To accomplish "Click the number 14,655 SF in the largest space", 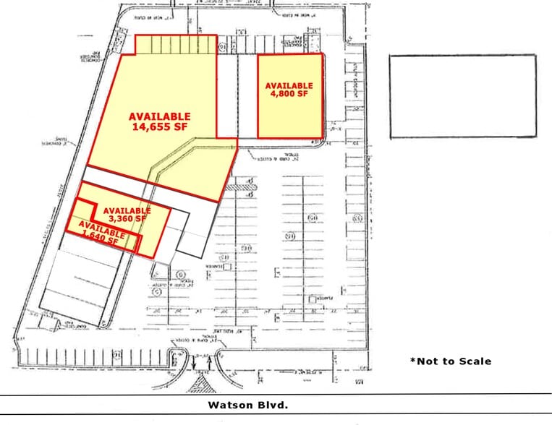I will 160,127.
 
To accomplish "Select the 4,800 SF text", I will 290,94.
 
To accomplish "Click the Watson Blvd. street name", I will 247,405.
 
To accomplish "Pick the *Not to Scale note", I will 450,361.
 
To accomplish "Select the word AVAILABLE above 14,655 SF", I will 160,116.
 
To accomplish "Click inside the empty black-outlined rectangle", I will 463,96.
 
